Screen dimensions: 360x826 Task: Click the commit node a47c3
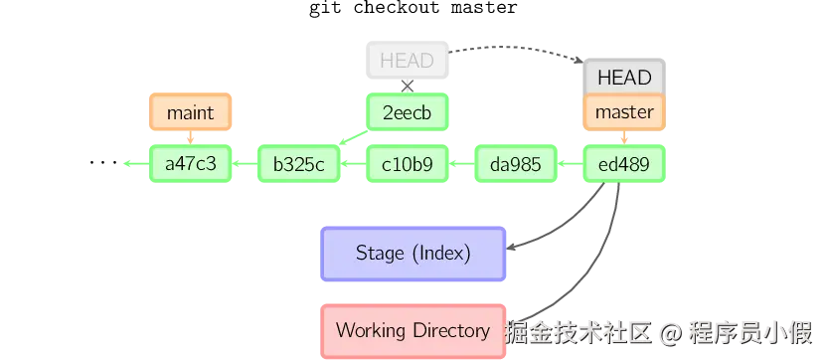(190, 164)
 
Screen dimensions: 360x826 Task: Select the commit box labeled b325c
(298, 164)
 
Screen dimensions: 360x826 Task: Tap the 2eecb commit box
(408, 112)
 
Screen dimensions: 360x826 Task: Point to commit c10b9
(408, 164)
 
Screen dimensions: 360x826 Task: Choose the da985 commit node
(515, 164)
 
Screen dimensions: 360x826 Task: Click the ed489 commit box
(624, 164)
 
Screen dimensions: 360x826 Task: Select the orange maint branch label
(190, 112)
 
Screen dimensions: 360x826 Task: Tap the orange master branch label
(624, 112)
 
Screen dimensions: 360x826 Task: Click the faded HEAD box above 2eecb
(408, 61)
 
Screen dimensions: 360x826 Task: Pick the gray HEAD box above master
(624, 78)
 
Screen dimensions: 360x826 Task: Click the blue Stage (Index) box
(413, 253)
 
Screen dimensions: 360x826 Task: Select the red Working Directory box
(413, 330)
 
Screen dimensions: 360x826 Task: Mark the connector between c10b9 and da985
(461, 164)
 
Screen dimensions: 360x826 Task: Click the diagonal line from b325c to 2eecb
(352, 140)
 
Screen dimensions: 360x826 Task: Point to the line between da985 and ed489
(570, 164)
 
